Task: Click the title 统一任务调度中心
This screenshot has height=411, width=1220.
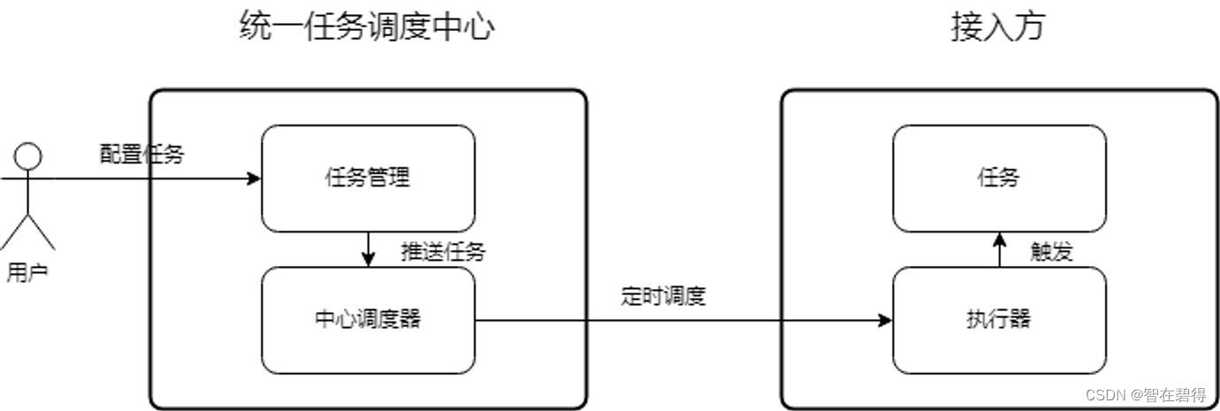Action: [x=367, y=27]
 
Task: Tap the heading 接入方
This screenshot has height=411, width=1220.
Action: [x=998, y=27]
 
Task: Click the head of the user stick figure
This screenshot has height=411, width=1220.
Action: [x=28, y=157]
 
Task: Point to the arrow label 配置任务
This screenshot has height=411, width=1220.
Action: [x=141, y=155]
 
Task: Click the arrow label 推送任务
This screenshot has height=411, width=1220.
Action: [x=443, y=252]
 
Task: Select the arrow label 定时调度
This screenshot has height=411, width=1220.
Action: [x=663, y=296]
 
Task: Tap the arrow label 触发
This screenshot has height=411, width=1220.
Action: [x=1051, y=252]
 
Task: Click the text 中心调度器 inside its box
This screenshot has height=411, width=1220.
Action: [x=367, y=319]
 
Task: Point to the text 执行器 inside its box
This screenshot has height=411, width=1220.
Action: [x=998, y=319]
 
